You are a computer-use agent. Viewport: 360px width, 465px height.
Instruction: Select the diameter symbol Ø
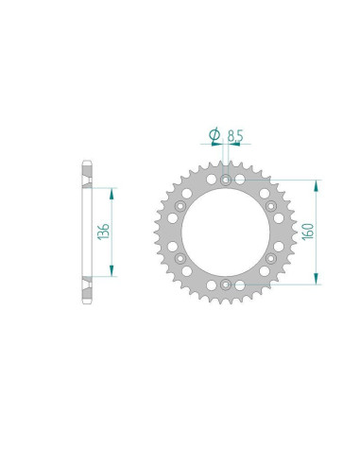[214, 136]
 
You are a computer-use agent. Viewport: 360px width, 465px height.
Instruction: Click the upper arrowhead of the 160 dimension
[315, 182]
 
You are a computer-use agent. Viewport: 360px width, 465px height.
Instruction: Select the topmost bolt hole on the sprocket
[225, 181]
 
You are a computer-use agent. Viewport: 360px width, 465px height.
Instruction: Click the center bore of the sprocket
[225, 231]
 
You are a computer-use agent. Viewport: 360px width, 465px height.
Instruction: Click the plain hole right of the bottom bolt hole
[240, 283]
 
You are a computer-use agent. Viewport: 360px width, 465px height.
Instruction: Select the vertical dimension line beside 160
[315, 231]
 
